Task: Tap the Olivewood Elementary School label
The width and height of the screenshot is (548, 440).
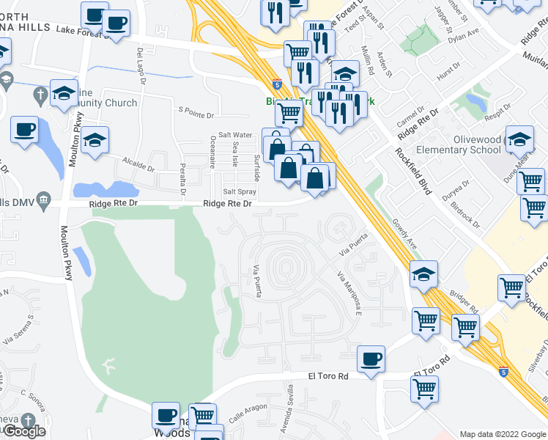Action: (459, 144)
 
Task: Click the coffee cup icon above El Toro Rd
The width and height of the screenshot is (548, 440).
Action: (371, 359)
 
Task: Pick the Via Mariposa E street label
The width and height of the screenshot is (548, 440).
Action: (349, 292)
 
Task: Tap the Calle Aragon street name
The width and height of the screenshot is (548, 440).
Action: (246, 417)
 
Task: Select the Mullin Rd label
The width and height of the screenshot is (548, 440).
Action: (368, 62)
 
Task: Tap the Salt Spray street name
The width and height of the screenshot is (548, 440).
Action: (228, 171)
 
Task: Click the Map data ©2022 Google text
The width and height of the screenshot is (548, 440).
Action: (503, 434)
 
